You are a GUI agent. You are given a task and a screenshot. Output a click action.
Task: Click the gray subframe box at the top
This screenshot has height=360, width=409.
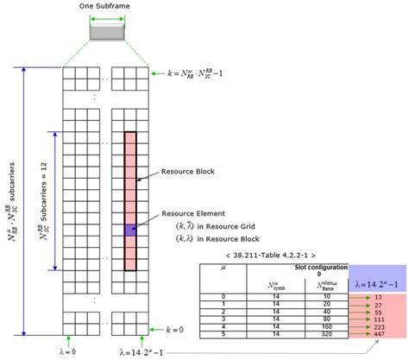[x=108, y=32]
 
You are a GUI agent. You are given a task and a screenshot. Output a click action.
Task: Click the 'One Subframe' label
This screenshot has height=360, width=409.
[x=107, y=8]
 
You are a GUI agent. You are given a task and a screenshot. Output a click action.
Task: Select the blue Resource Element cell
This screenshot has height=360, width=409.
[x=129, y=231]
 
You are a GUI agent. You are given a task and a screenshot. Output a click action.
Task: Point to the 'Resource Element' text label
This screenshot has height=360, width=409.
[x=194, y=212]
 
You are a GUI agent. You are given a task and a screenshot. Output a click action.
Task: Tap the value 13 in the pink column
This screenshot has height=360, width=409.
[x=378, y=296]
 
